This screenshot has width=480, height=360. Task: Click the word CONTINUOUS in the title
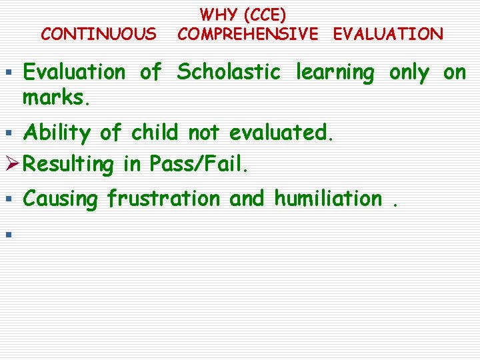click(99, 33)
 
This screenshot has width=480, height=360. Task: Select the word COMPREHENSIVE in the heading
click(249, 33)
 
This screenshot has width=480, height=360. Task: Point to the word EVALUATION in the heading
click(387, 33)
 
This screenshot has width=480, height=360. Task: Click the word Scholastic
click(228, 73)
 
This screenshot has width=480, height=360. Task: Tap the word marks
click(56, 98)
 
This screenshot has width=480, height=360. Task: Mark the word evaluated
click(280, 133)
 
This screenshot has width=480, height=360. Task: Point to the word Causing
click(61, 199)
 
